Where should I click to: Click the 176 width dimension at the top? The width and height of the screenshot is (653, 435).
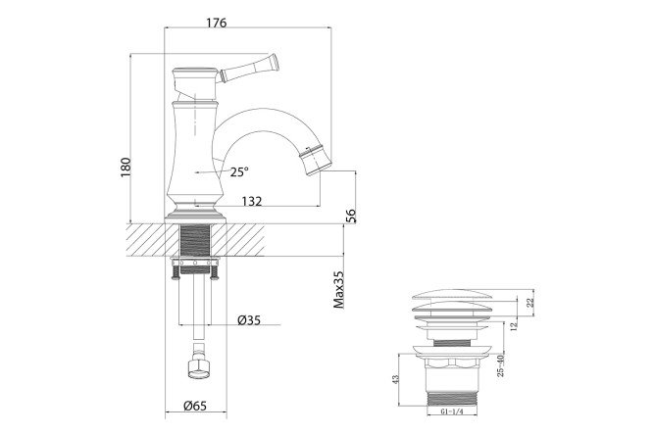pyautogui.click(x=217, y=23)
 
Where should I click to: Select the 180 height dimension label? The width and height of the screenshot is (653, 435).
pyautogui.click(x=126, y=168)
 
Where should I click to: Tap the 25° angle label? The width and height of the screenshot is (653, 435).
pyautogui.click(x=239, y=171)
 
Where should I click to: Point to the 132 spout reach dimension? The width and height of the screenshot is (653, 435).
pyautogui.click(x=252, y=201)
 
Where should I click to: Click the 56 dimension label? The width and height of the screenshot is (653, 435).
pyautogui.click(x=351, y=217)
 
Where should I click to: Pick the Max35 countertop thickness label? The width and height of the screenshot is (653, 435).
pyautogui.click(x=339, y=290)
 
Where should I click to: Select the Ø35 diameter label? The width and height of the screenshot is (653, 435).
pyautogui.click(x=249, y=320)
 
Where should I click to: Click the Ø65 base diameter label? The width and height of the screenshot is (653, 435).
pyautogui.click(x=195, y=406)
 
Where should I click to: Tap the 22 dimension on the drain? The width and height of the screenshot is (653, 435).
pyautogui.click(x=529, y=303)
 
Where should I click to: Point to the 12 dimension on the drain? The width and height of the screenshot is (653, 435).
pyautogui.click(x=514, y=324)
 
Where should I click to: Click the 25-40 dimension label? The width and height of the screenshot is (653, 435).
pyautogui.click(x=501, y=365)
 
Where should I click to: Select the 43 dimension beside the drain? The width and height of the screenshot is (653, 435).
pyautogui.click(x=396, y=379)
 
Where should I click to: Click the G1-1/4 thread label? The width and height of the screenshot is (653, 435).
pyautogui.click(x=452, y=411)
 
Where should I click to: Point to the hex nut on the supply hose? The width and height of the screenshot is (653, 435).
pyautogui.click(x=199, y=367)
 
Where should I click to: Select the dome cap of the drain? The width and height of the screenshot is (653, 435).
pyautogui.click(x=452, y=295)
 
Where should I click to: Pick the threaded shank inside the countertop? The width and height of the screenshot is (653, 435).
pyautogui.click(x=196, y=240)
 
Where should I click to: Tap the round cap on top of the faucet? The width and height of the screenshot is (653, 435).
pyautogui.click(x=195, y=72)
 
